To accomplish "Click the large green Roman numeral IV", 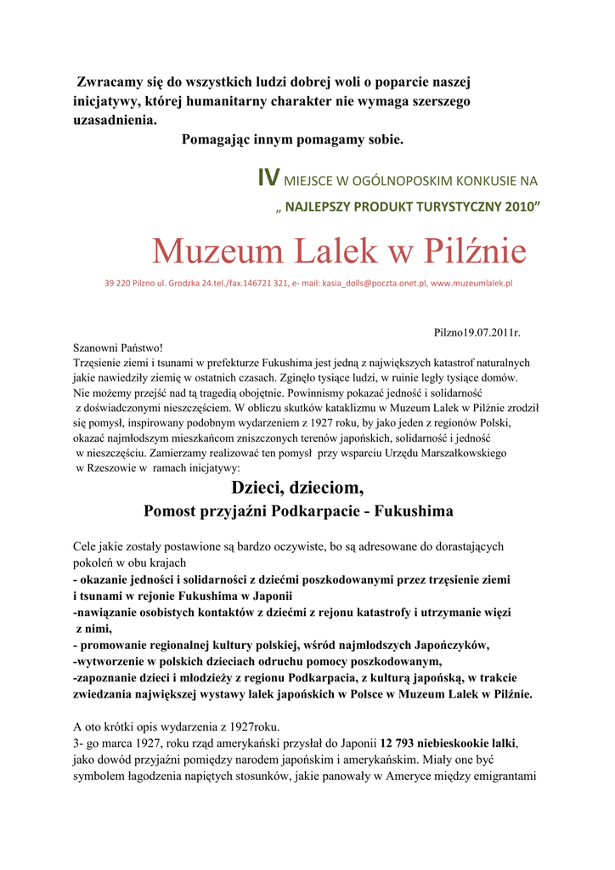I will coord(268,178).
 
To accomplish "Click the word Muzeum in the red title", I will coord(217,251).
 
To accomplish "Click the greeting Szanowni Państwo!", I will coord(117,347).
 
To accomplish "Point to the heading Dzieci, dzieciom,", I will coord(297,488).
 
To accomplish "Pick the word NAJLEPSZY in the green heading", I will coord(324,206).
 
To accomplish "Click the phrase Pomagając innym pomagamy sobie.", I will coord(293,138).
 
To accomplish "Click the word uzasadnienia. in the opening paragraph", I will coord(115,120).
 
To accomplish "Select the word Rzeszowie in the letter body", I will coord(107,467).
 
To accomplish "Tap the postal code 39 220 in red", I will coord(118,283).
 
